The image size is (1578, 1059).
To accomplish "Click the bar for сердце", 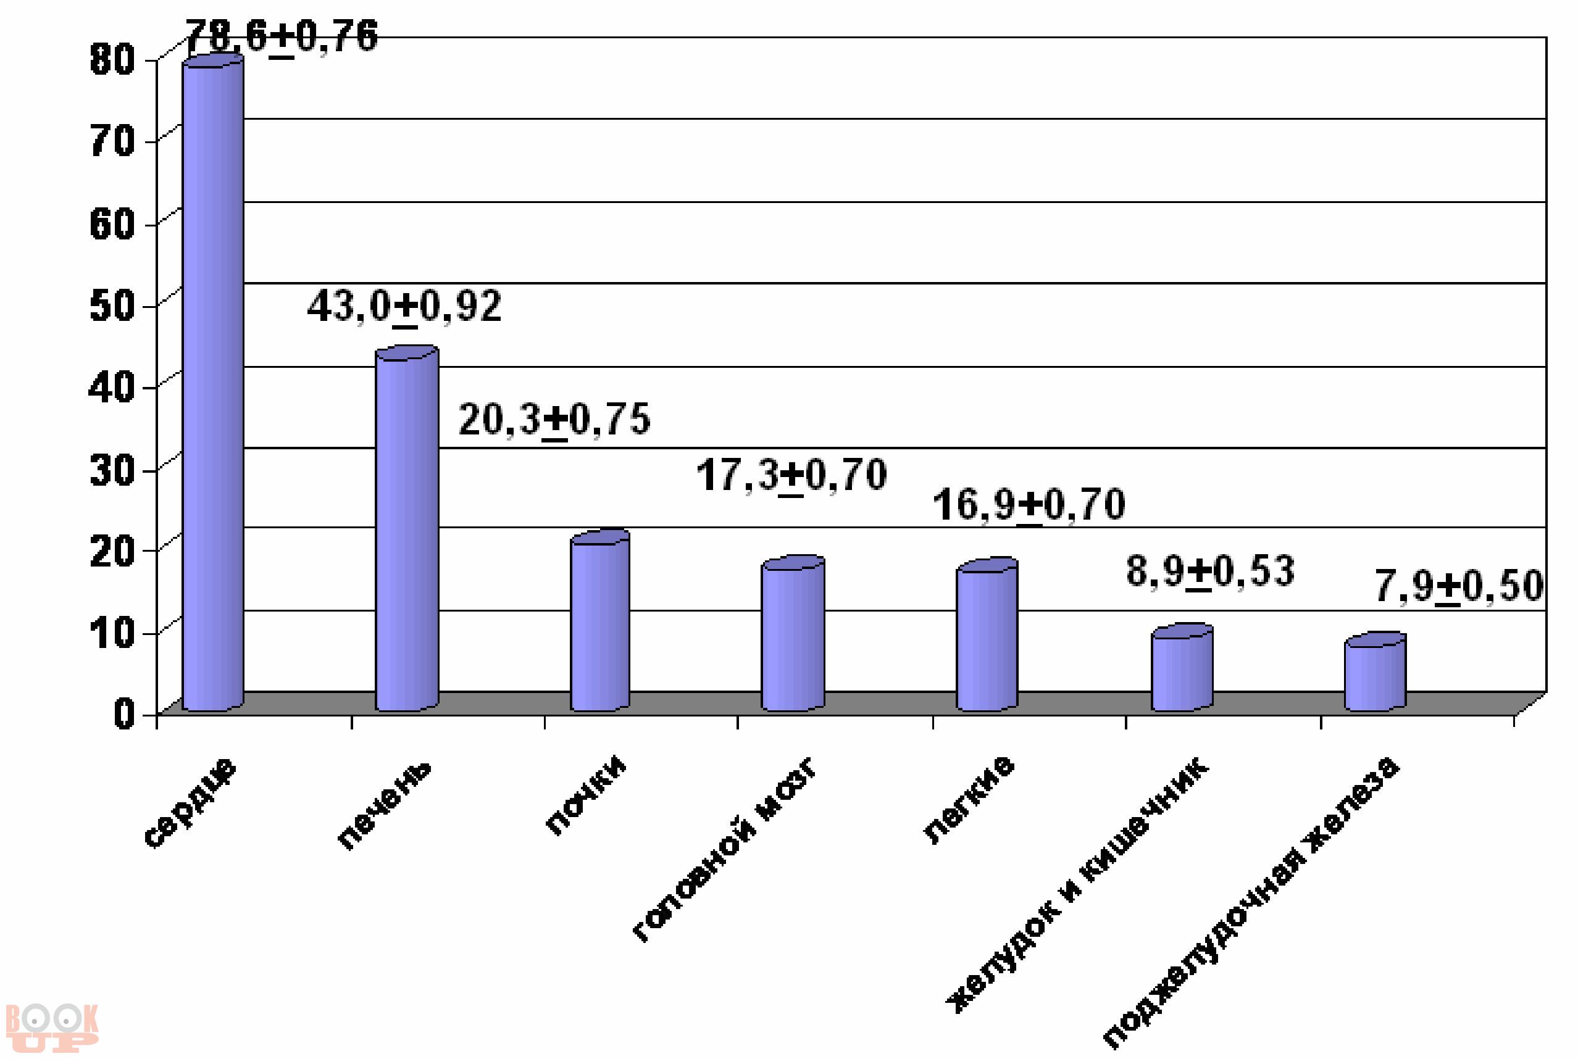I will pyautogui.click(x=213, y=385).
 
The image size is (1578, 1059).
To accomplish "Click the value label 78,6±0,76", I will pyautogui.click(x=281, y=36).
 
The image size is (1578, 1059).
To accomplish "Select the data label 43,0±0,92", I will pyautogui.click(x=404, y=307).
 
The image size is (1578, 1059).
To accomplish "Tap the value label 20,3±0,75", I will pyautogui.click(x=554, y=420).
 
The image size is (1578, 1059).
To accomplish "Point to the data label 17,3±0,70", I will pyautogui.click(x=791, y=475).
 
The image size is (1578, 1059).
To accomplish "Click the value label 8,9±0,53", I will pyautogui.click(x=1210, y=571).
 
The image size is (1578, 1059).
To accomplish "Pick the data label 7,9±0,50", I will pyautogui.click(x=1459, y=586).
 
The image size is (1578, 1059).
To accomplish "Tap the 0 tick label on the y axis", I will pyautogui.click(x=124, y=713).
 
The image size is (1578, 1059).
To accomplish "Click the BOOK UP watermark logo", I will pyautogui.click(x=51, y=1028).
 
